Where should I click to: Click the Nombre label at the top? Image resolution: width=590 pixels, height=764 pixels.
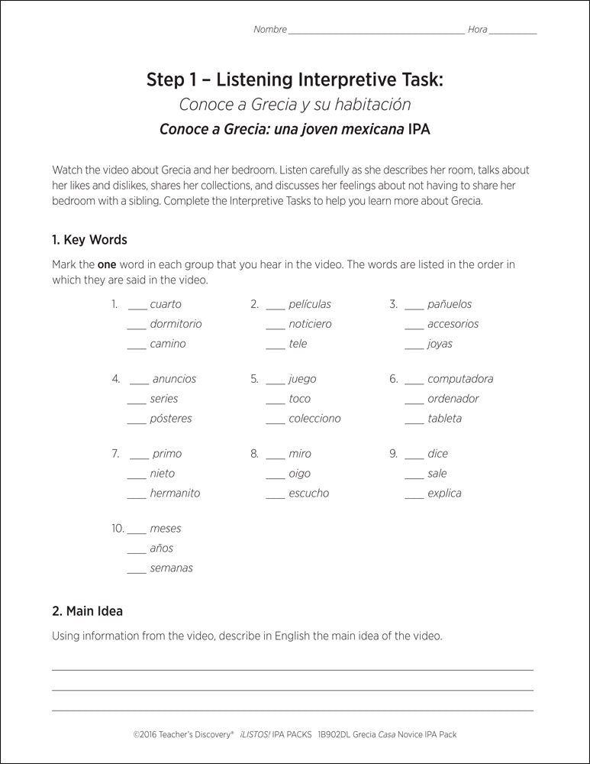[270, 30]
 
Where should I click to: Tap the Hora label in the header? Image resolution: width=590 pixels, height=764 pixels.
[477, 30]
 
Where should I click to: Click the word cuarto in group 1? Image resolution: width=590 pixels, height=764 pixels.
[166, 304]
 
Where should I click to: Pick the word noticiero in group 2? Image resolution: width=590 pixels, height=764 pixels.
[310, 324]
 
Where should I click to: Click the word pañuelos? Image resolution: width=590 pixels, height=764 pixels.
[450, 304]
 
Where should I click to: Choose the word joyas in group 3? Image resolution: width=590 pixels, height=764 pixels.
[440, 344]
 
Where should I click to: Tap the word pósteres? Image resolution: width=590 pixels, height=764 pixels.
[171, 419]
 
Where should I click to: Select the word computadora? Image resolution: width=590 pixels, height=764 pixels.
[460, 379]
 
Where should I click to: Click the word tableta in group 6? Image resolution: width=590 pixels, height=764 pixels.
[444, 419]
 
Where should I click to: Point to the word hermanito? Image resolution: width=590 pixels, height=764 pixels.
[175, 494]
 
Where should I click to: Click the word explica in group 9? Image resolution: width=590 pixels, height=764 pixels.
[444, 494]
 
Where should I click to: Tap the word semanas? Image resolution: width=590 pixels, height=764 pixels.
[171, 568]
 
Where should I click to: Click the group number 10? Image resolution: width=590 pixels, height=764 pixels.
[118, 529]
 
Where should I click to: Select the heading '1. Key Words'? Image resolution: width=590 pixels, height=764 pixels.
[89, 240]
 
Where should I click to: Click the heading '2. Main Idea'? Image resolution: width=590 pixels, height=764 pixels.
[87, 611]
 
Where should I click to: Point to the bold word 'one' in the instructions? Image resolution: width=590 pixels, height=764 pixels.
[106, 264]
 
